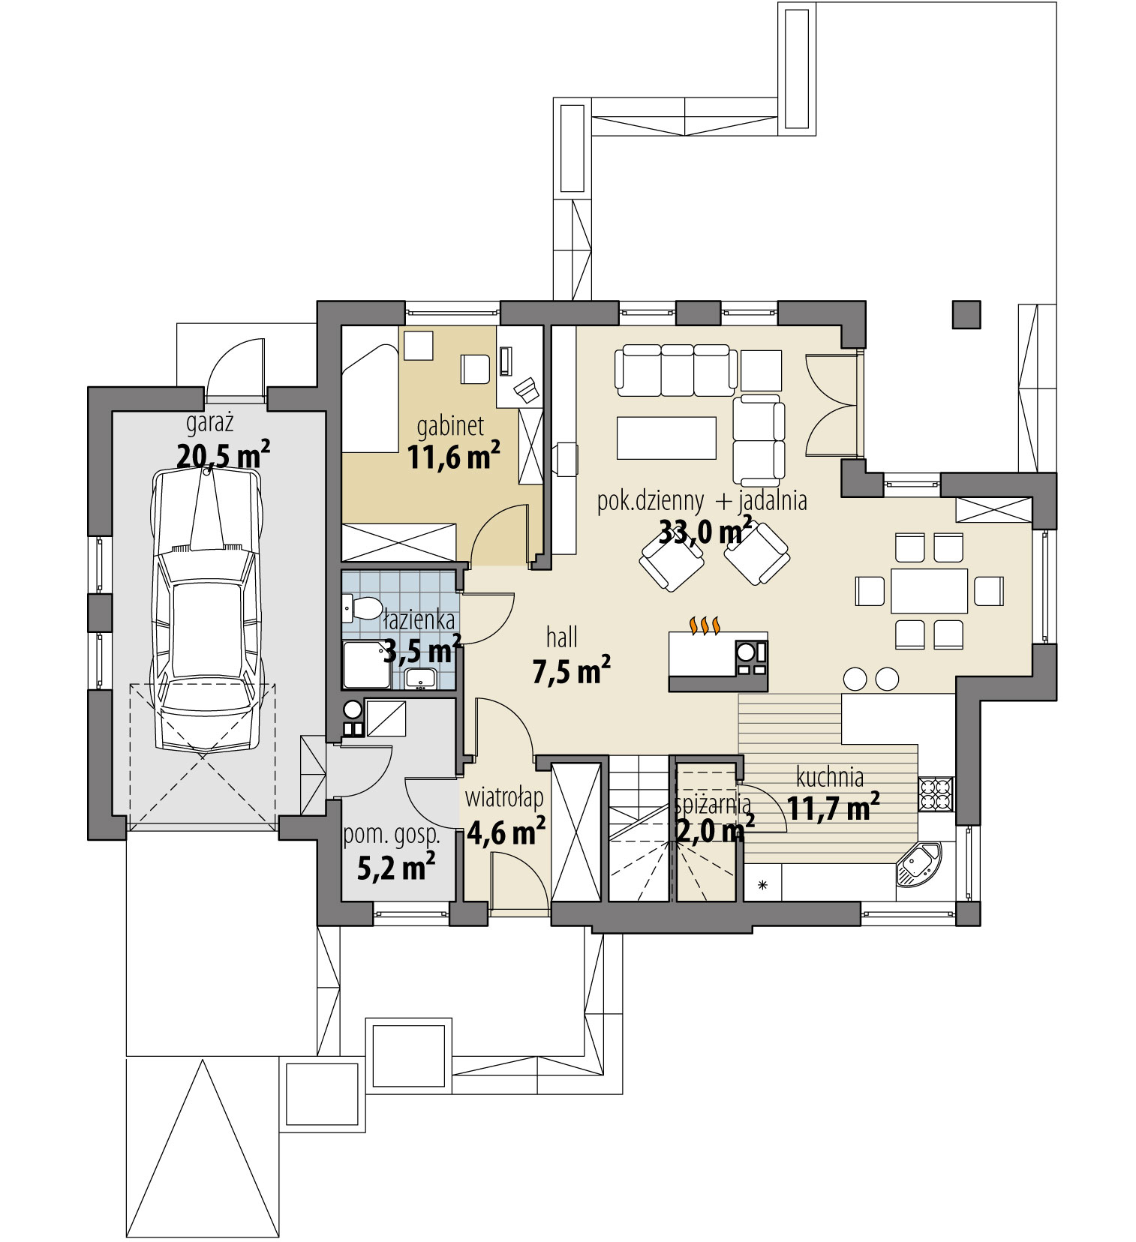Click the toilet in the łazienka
[x=362, y=608]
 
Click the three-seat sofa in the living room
[x=672, y=370]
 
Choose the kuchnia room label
[x=830, y=777]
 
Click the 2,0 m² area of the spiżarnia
[x=714, y=830]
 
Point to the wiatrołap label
[x=504, y=798]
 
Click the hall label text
[x=562, y=637]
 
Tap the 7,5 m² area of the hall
[x=571, y=670]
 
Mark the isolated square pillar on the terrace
[x=966, y=315]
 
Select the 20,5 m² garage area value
[x=223, y=455]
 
